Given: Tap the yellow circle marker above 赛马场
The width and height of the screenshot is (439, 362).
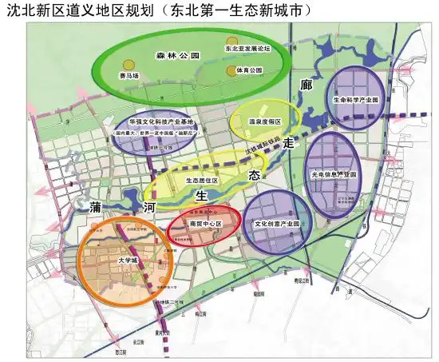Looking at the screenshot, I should click(x=127, y=64).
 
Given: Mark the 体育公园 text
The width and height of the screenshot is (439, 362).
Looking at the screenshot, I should click(x=249, y=70).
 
